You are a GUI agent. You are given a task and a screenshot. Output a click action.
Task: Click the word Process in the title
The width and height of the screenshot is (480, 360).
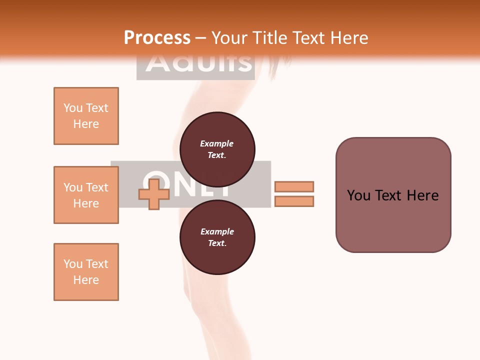coord(157,38)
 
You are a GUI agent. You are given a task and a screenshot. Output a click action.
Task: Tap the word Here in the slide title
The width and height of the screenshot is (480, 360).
coord(348,38)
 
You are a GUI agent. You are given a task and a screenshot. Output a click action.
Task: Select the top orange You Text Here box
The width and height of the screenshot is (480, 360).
coord(86,116)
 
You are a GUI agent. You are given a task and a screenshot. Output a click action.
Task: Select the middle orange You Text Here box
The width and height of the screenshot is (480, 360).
coord(86,195)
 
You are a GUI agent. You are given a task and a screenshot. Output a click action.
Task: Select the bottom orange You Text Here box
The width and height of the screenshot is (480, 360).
coord(86,272)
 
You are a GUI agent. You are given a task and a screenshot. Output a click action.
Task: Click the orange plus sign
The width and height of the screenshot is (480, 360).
coord(154,194)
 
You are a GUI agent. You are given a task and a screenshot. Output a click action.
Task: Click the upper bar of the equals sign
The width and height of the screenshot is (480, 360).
coord(294,186)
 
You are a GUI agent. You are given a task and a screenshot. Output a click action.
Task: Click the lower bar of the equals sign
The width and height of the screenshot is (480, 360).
coord(294,201)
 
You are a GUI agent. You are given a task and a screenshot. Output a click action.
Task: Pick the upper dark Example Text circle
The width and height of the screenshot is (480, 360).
coord(217,149)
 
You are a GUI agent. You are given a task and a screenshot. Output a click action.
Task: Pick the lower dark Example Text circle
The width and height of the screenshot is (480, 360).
coord(217,237)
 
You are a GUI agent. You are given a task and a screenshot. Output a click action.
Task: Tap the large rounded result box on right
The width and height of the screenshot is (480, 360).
coord(393,195)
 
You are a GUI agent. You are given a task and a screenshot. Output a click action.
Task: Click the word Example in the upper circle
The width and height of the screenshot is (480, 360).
coord(216,143)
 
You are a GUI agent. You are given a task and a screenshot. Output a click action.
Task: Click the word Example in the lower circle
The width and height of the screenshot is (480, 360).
coord(217,231)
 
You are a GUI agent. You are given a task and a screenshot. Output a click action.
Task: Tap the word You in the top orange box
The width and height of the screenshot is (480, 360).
coord(72,108)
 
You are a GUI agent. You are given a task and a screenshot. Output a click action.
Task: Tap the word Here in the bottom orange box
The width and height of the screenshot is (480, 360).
coord(86,280)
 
